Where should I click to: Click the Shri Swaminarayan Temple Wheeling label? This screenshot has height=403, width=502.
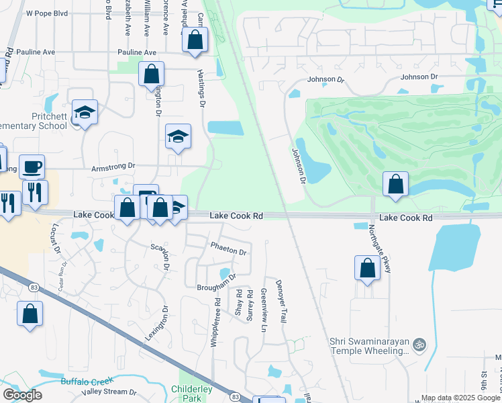[368, 345]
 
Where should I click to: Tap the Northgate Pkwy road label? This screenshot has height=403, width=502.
[379, 249]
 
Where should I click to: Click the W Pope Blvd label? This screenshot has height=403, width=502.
[47, 13]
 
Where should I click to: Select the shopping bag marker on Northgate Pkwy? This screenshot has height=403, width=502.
[367, 268]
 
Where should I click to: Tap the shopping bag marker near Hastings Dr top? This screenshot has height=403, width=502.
[195, 40]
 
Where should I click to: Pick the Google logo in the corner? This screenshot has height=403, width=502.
[22, 395]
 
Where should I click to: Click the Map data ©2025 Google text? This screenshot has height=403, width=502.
[460, 398]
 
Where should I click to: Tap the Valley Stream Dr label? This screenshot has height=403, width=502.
[109, 392]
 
